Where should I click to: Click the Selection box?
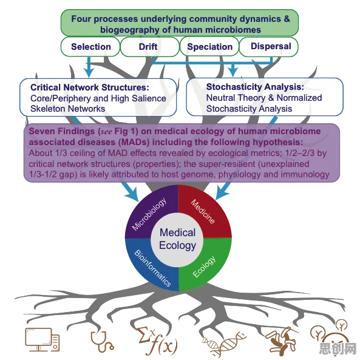pyautogui.click(x=90, y=47)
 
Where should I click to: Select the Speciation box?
pyautogui.click(x=209, y=47)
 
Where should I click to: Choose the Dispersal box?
pyautogui.click(x=268, y=47)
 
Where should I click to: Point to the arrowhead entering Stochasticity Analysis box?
pyautogui.click(x=233, y=72)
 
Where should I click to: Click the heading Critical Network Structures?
pyautogui.click(x=90, y=87)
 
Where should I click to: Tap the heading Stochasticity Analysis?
pyautogui.click(x=255, y=87)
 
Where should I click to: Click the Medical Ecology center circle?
pyautogui.click(x=177, y=239)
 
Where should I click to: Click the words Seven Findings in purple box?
pyautogui.click(x=62, y=131)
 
